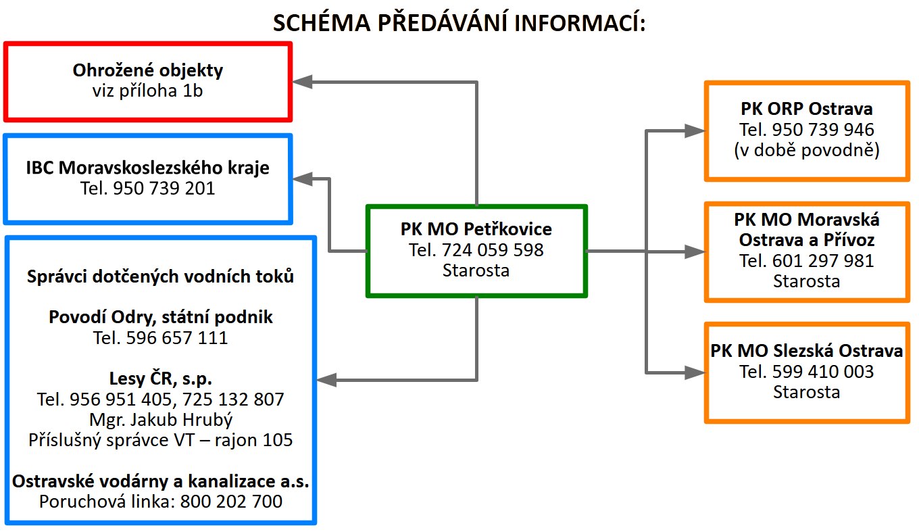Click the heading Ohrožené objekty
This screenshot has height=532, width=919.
pyautogui.click(x=147, y=70)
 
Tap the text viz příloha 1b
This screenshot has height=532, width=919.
pyautogui.click(x=147, y=91)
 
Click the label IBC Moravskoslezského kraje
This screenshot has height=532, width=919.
pyautogui.click(x=147, y=168)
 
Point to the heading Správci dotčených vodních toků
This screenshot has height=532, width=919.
pyautogui.click(x=161, y=276)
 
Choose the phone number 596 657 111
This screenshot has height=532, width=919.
pyautogui.click(x=177, y=337)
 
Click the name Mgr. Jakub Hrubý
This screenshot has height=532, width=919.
pyautogui.click(x=161, y=419)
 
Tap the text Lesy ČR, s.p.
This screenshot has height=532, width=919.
pyautogui.click(x=161, y=379)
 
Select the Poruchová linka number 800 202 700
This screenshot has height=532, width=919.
pyautogui.click(x=231, y=501)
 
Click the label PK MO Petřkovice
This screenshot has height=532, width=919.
pyautogui.click(x=476, y=229)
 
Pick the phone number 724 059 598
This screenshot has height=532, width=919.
pyautogui.click(x=492, y=250)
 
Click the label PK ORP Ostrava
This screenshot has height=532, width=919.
pyautogui.click(x=806, y=109)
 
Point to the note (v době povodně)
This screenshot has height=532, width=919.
pyautogui.click(x=806, y=150)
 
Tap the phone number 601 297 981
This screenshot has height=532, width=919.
pyautogui.click(x=823, y=260)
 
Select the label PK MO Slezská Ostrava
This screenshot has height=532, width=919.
pyautogui.click(x=806, y=351)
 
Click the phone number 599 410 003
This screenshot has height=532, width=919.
pyautogui.click(x=823, y=372)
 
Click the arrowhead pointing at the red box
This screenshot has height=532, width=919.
pyautogui.click(x=302, y=82)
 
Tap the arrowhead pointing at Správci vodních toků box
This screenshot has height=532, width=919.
pyautogui.click(x=326, y=380)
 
